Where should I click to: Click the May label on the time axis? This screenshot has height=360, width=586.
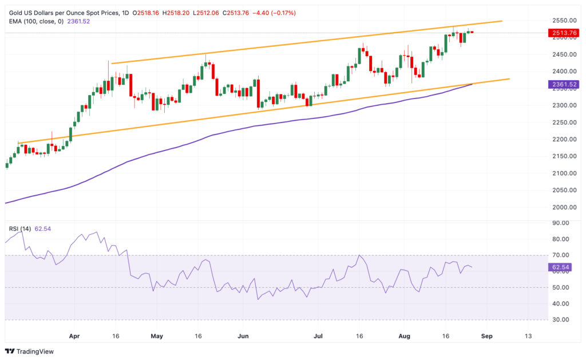157,335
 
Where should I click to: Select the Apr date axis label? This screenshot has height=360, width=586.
74,335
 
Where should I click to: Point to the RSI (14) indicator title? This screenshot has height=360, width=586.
20,229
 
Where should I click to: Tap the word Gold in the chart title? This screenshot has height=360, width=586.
15,12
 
